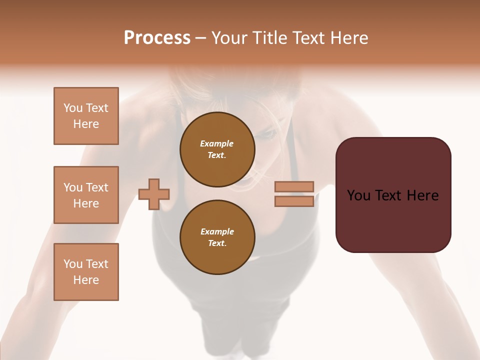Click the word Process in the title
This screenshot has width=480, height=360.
tap(157, 38)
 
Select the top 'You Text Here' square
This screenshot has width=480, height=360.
tap(86, 116)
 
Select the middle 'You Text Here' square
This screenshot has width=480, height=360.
tap(86, 195)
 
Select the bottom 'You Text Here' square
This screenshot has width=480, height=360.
tap(86, 272)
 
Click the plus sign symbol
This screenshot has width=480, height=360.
tap(154, 194)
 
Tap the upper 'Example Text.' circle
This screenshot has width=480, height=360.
tap(217, 149)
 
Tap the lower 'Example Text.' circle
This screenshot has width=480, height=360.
tap(217, 237)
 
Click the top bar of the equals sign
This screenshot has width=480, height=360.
tap(294, 187)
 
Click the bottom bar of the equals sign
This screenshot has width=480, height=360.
tap(294, 201)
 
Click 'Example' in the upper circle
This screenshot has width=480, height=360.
tap(217, 143)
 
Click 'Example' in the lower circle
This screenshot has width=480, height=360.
tap(217, 231)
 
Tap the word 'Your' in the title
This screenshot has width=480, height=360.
tap(228, 38)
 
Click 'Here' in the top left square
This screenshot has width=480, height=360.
tap(86, 124)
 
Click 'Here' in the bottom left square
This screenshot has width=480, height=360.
tap(86, 280)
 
